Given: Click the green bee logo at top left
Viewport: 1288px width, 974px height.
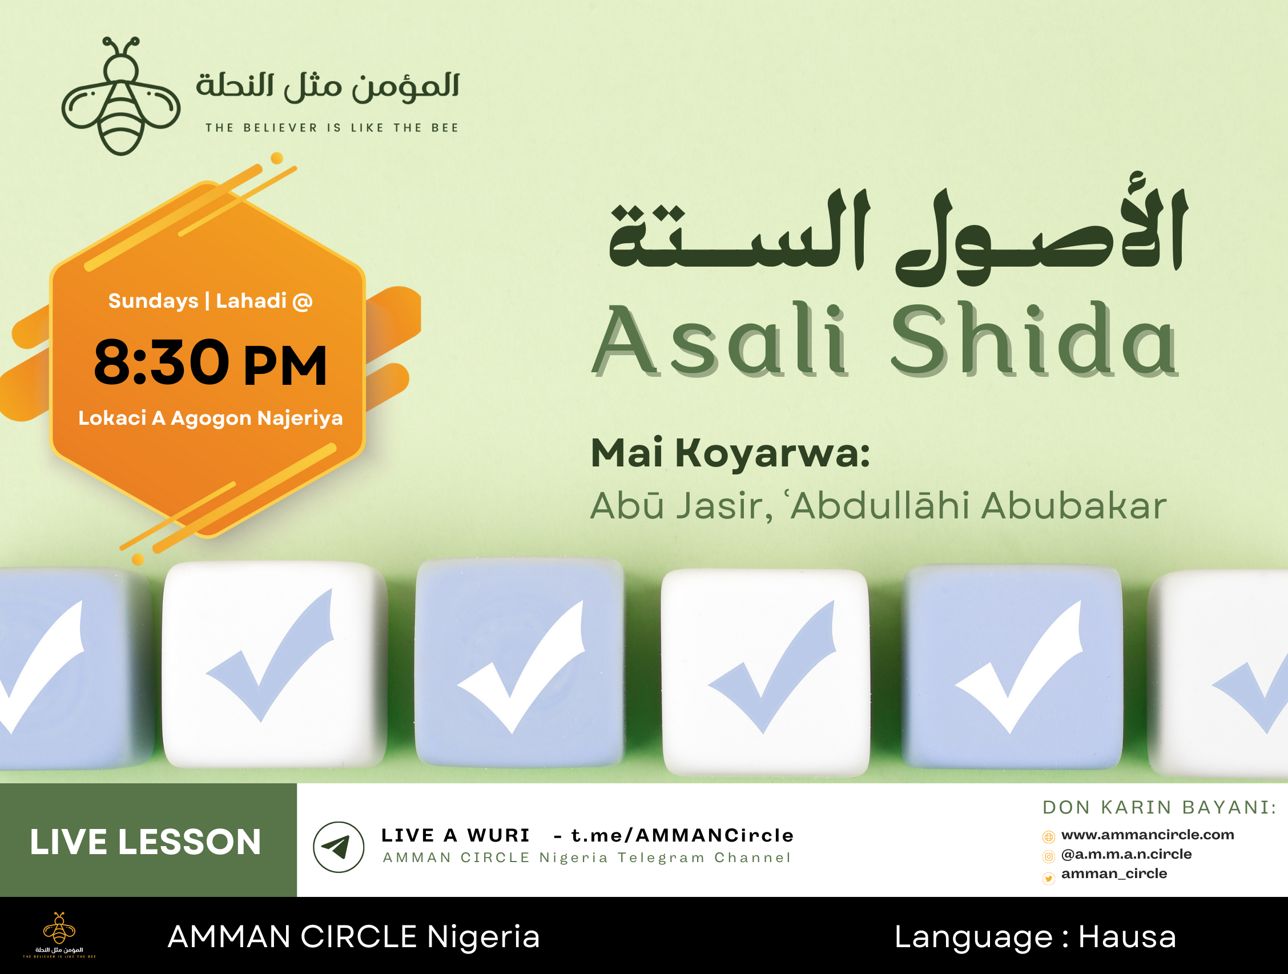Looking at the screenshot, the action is point(121,96).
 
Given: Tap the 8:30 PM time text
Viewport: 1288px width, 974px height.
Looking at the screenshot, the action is point(210,363).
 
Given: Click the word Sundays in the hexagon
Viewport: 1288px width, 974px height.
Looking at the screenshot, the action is point(153,301).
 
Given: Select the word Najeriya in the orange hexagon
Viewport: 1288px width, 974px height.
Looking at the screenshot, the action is point(300,418).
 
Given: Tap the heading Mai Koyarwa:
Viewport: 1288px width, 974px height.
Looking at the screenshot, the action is point(730,453).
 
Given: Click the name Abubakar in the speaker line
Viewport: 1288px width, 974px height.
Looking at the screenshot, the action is point(1074,505).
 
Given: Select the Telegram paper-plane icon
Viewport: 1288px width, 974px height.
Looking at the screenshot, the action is point(339,847).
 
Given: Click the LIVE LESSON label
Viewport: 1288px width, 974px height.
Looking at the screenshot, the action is point(146,842).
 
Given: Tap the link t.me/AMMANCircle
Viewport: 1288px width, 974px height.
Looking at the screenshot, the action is point(682,835).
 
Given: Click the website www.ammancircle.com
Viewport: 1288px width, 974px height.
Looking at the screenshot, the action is point(1148,835).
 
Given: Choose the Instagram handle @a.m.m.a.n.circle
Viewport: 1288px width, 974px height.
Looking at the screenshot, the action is point(1126,854).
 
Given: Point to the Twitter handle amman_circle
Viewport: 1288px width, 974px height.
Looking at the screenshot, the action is point(1114,874).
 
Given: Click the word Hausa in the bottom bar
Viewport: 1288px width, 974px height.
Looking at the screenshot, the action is point(1128,937).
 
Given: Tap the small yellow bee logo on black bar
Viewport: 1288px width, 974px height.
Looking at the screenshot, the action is point(59,935).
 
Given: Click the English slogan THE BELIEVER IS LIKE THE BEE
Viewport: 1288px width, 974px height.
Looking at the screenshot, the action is point(332,127).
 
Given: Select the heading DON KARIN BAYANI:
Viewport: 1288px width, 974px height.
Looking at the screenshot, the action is point(1160,807).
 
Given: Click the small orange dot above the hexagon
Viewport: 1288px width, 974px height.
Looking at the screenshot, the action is point(277,158).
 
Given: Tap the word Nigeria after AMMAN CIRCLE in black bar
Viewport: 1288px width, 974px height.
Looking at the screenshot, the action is point(484,937).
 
